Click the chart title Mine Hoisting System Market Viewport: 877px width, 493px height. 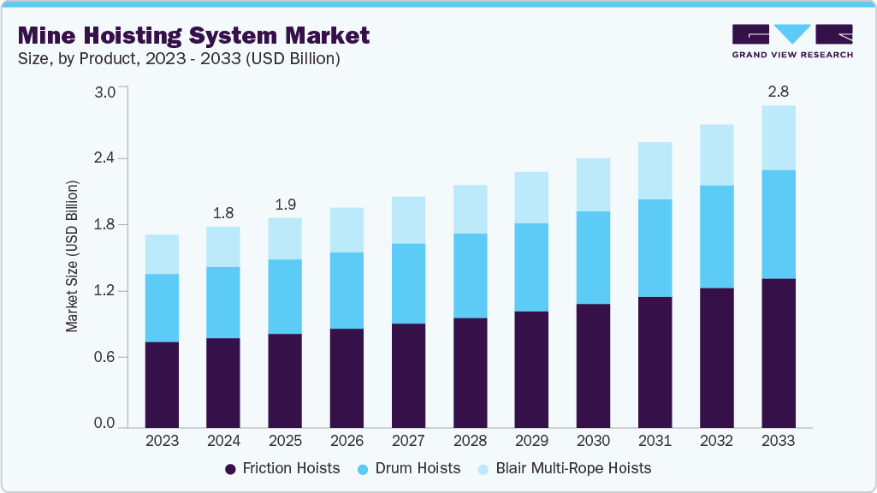pyautogui.click(x=193, y=35)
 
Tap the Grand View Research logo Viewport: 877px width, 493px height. pyautogui.click(x=791, y=40)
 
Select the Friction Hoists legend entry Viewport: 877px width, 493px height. pyautogui.click(x=282, y=468)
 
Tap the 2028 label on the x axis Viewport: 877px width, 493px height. pyautogui.click(x=470, y=441)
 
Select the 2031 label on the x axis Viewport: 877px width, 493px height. pyautogui.click(x=655, y=441)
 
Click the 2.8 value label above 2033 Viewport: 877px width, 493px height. pyautogui.click(x=778, y=90)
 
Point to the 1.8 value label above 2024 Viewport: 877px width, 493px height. pyautogui.click(x=223, y=212)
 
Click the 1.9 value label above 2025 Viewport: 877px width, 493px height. pyautogui.click(x=285, y=205)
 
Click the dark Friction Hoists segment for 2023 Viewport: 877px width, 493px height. pyautogui.click(x=162, y=384)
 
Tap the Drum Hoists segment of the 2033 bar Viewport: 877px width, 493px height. pyautogui.click(x=778, y=224)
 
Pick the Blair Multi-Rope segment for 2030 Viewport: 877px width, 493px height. pyautogui.click(x=593, y=185)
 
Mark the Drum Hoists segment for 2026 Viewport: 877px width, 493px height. pyautogui.click(x=347, y=290)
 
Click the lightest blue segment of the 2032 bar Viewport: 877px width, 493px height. pyautogui.click(x=716, y=155)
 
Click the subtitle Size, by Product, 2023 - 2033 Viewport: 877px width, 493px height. pyautogui.click(x=179, y=58)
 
